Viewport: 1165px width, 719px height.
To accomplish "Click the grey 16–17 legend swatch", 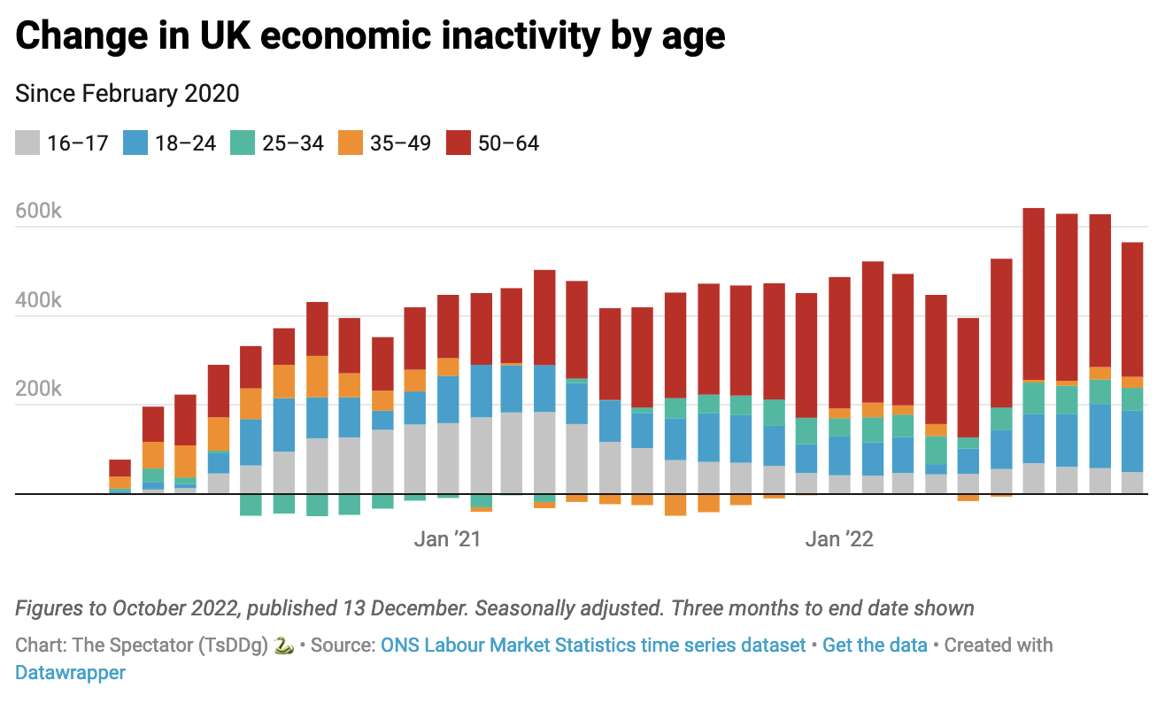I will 28,143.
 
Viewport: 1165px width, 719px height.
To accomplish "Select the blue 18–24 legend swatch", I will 135,143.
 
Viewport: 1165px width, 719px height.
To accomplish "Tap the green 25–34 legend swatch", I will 243,143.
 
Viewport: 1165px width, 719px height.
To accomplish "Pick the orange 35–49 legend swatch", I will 351,143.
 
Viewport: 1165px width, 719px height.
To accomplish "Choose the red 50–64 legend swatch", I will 459,143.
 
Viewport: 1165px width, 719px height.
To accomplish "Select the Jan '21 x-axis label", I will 447,539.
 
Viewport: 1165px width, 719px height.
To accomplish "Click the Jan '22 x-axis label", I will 839,539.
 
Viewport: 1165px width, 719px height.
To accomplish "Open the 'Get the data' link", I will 875,645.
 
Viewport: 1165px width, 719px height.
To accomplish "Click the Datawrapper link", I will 70,672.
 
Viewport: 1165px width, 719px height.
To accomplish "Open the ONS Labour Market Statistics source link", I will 593,645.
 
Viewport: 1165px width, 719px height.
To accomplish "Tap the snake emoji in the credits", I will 284,645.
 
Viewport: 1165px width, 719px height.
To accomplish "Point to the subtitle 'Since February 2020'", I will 127,93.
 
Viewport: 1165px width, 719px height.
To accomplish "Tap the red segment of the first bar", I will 120,468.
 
